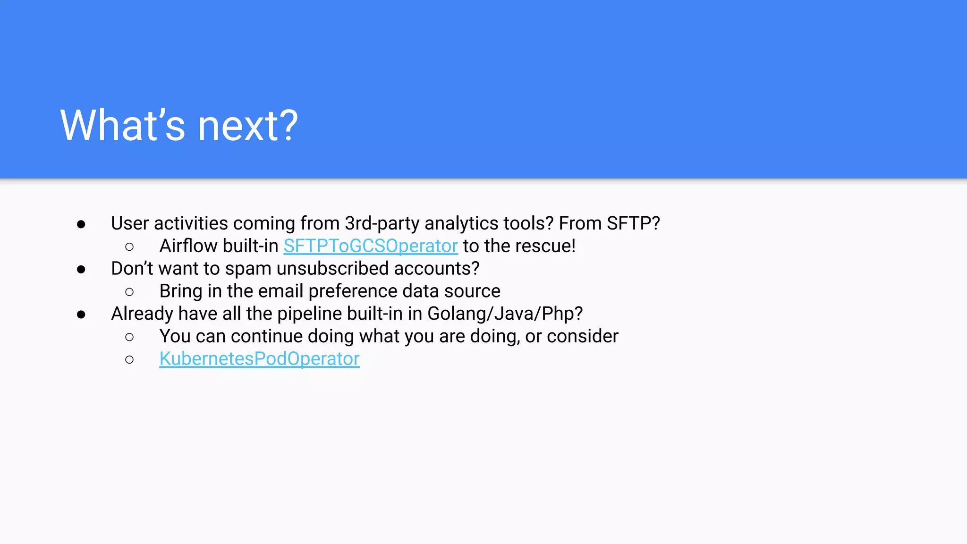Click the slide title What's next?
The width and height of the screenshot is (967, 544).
[179, 125]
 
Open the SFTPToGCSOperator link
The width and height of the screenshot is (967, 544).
[370, 246]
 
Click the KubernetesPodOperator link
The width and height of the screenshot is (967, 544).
[259, 359]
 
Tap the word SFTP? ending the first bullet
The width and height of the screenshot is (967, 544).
[633, 223]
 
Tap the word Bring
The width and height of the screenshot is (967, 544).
[181, 291]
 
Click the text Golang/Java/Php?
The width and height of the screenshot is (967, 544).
[505, 314]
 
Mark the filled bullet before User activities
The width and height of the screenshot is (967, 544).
[81, 224]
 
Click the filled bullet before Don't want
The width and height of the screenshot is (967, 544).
[81, 270]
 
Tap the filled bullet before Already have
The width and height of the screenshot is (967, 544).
[81, 314]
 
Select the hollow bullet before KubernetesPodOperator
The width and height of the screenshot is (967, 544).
[129, 360]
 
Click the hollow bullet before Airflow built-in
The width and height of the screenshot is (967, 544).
[129, 247]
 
